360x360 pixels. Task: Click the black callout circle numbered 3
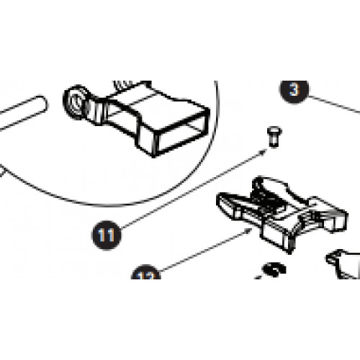(293, 92)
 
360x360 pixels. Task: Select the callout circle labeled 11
(106, 234)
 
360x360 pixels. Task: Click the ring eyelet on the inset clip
(77, 102)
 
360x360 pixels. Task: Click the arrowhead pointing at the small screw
(266, 153)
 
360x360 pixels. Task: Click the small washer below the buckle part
(274, 270)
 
